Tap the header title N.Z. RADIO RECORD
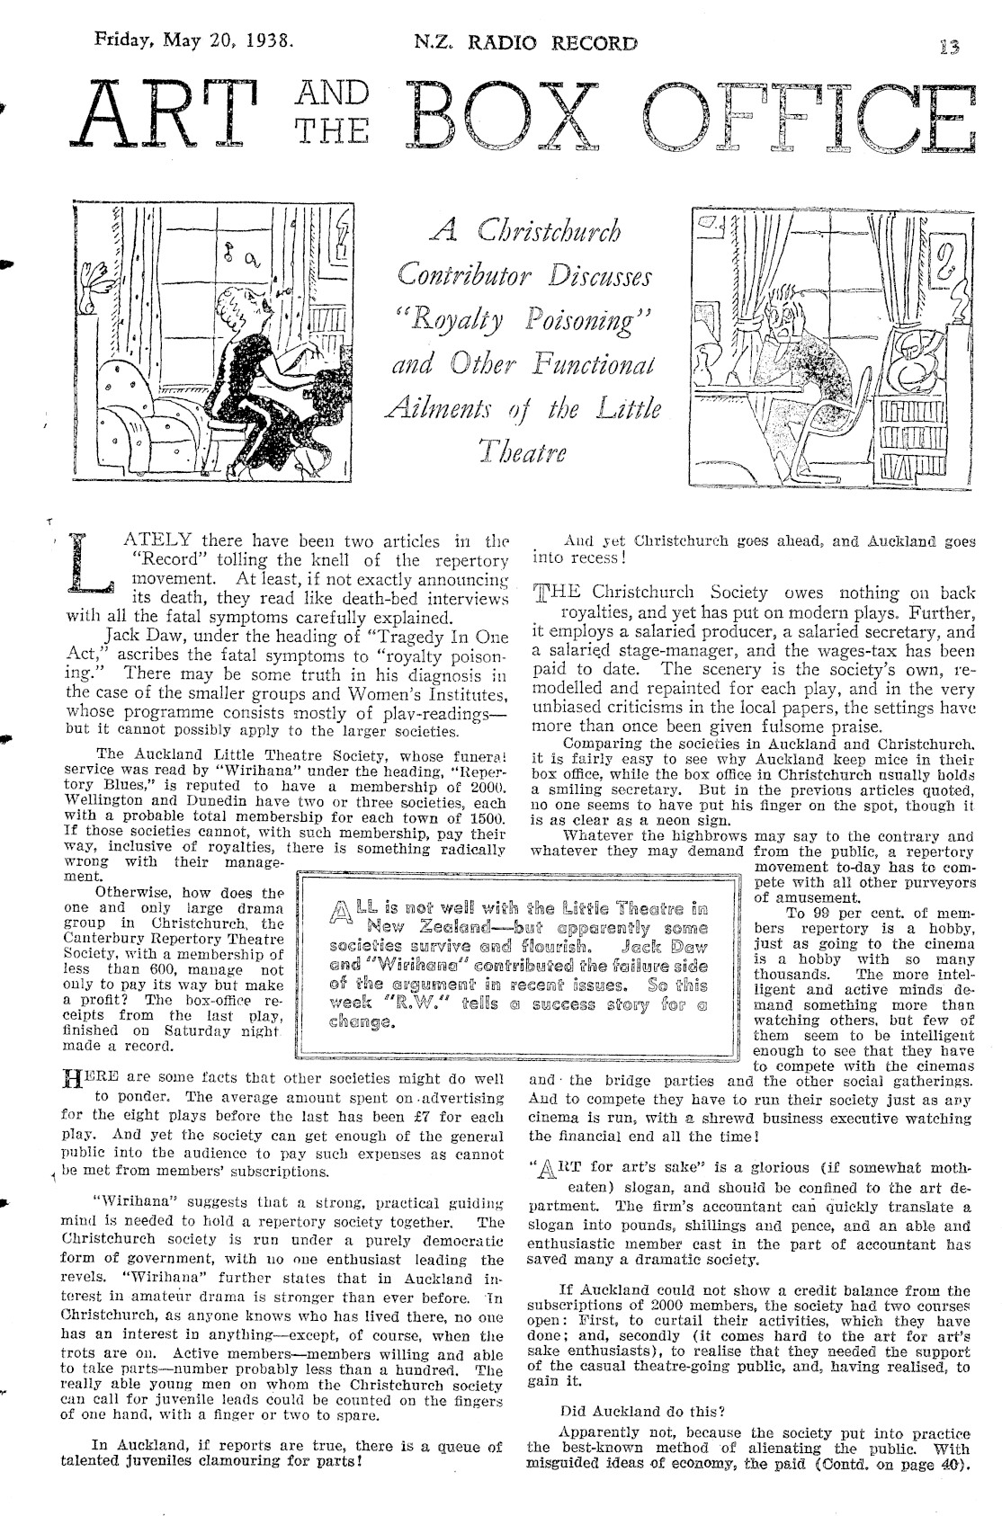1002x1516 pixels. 525,43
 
